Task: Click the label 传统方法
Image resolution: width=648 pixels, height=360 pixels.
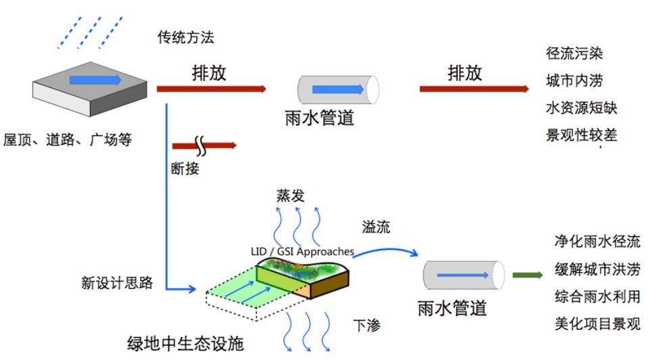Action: [x=185, y=37]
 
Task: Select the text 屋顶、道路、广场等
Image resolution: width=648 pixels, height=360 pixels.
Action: [x=67, y=140]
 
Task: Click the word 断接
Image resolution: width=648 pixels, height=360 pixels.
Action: [x=185, y=168]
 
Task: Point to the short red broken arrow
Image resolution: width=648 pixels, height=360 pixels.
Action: [x=204, y=145]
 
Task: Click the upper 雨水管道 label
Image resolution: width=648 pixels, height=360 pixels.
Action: [x=320, y=119]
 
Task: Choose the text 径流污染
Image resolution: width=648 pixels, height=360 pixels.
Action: [x=574, y=53]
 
